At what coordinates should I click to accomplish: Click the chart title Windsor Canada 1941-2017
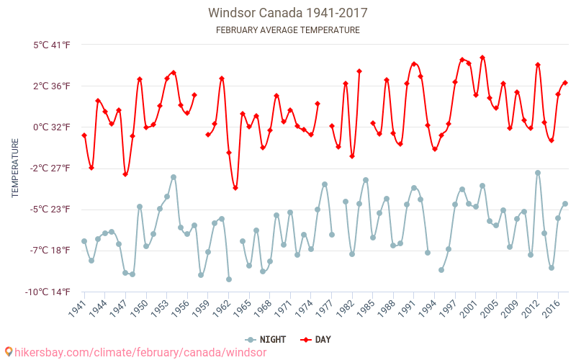(x=287, y=13)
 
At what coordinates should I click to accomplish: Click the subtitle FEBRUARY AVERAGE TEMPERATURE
(x=287, y=30)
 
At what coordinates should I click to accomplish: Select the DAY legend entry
(x=316, y=339)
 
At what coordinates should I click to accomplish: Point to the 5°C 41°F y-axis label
(x=51, y=45)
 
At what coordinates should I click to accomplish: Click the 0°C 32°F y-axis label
(x=51, y=127)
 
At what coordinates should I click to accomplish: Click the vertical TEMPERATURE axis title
(x=15, y=168)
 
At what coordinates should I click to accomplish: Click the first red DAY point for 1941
(x=84, y=135)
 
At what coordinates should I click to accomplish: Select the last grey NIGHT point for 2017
(x=565, y=204)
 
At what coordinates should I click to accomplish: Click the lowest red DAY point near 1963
(x=235, y=188)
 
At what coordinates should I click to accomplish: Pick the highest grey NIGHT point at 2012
(x=538, y=173)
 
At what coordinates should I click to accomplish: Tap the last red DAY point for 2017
(x=565, y=83)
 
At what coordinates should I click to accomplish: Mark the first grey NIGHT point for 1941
(x=84, y=241)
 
